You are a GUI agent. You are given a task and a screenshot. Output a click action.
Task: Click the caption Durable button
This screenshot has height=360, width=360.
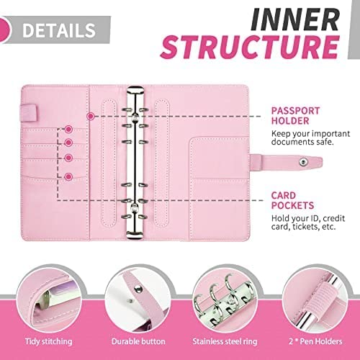coord(135,341)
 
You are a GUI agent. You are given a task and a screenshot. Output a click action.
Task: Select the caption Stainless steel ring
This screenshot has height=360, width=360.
coord(225,341)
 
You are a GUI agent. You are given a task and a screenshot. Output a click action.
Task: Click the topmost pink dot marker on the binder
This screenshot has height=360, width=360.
coord(90,115)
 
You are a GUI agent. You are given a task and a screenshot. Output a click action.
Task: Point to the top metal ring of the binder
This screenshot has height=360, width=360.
coord(135,92)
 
